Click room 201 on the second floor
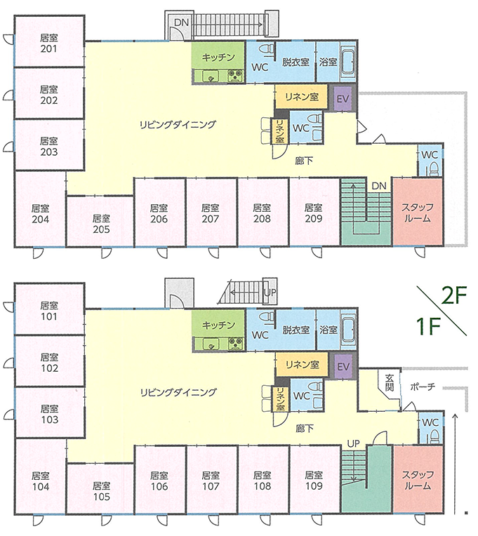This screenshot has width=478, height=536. point(49,41)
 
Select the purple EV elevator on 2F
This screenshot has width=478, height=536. point(343,98)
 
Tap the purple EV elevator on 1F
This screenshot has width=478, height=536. point(343,366)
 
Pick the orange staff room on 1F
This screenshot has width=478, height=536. point(418,480)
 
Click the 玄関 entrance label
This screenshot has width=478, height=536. point(389,383)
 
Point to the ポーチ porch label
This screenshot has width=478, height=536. point(423,387)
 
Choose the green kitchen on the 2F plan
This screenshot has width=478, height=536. point(218,62)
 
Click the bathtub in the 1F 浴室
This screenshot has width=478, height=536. point(348,330)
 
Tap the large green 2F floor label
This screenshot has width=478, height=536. point(454,295)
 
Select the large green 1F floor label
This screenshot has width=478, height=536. point(427,326)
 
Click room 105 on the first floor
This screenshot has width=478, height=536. point(101,491)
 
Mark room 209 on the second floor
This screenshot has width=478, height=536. point(314,213)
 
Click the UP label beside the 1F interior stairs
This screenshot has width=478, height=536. point(354,443)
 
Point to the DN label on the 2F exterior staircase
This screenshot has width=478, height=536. point(182,22)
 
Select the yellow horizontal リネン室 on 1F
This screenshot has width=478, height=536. point(302,365)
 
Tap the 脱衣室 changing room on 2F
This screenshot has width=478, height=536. point(296,62)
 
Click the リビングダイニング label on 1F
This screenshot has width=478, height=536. point(178,392)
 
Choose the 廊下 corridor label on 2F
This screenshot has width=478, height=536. point(304,161)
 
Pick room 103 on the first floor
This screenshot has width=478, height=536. point(50,413)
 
